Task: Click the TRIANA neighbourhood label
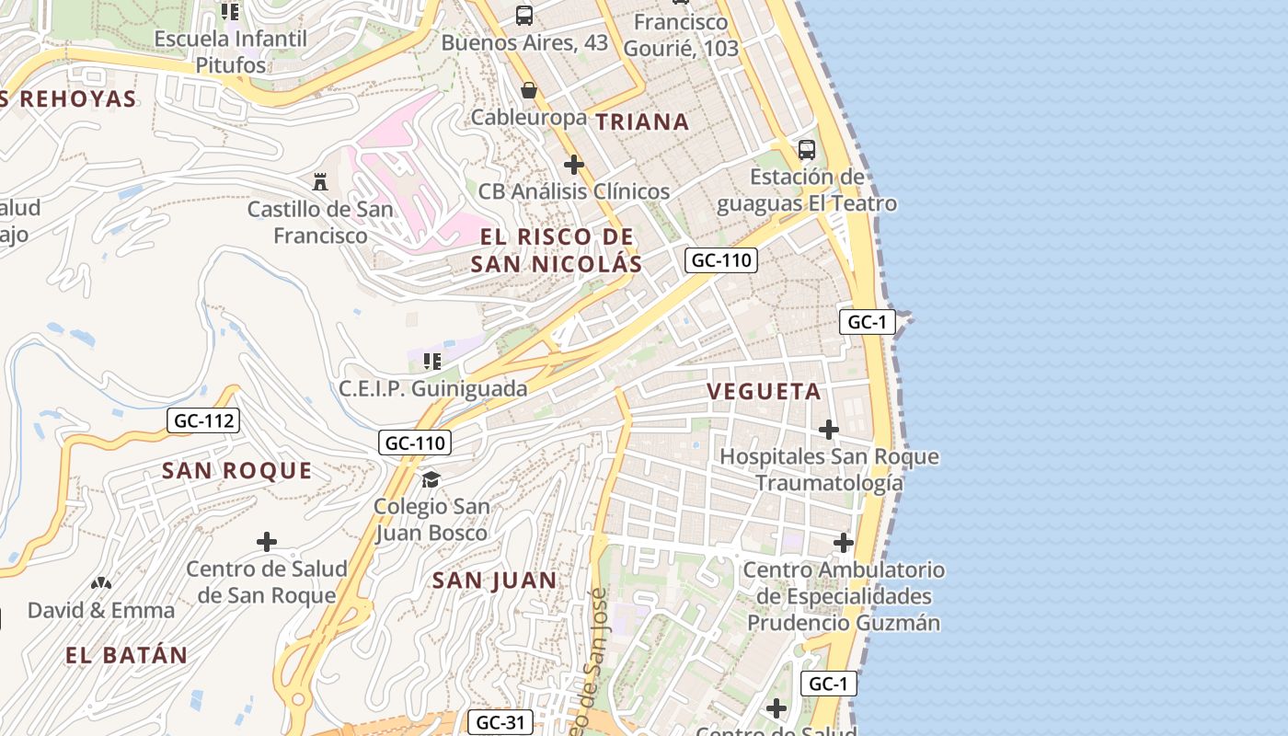click(641, 121)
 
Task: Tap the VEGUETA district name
click(764, 391)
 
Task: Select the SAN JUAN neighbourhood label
click(494, 581)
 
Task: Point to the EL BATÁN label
click(126, 656)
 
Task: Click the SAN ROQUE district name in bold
click(237, 471)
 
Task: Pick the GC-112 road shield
click(203, 421)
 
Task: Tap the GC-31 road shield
click(500, 722)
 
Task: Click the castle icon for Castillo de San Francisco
click(320, 181)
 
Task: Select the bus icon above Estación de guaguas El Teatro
click(807, 149)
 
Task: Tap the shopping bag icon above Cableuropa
click(529, 90)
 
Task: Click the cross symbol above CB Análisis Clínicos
click(574, 165)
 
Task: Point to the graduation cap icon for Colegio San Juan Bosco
click(431, 478)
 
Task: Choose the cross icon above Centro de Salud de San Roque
click(267, 542)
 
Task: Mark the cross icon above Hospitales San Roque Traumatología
click(829, 429)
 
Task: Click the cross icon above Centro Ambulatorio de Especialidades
click(844, 543)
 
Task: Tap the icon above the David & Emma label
click(101, 582)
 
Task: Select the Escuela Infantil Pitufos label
click(230, 52)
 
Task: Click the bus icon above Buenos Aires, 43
click(524, 15)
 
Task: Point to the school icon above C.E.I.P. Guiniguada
click(432, 361)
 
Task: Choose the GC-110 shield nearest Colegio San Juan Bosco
click(415, 443)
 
